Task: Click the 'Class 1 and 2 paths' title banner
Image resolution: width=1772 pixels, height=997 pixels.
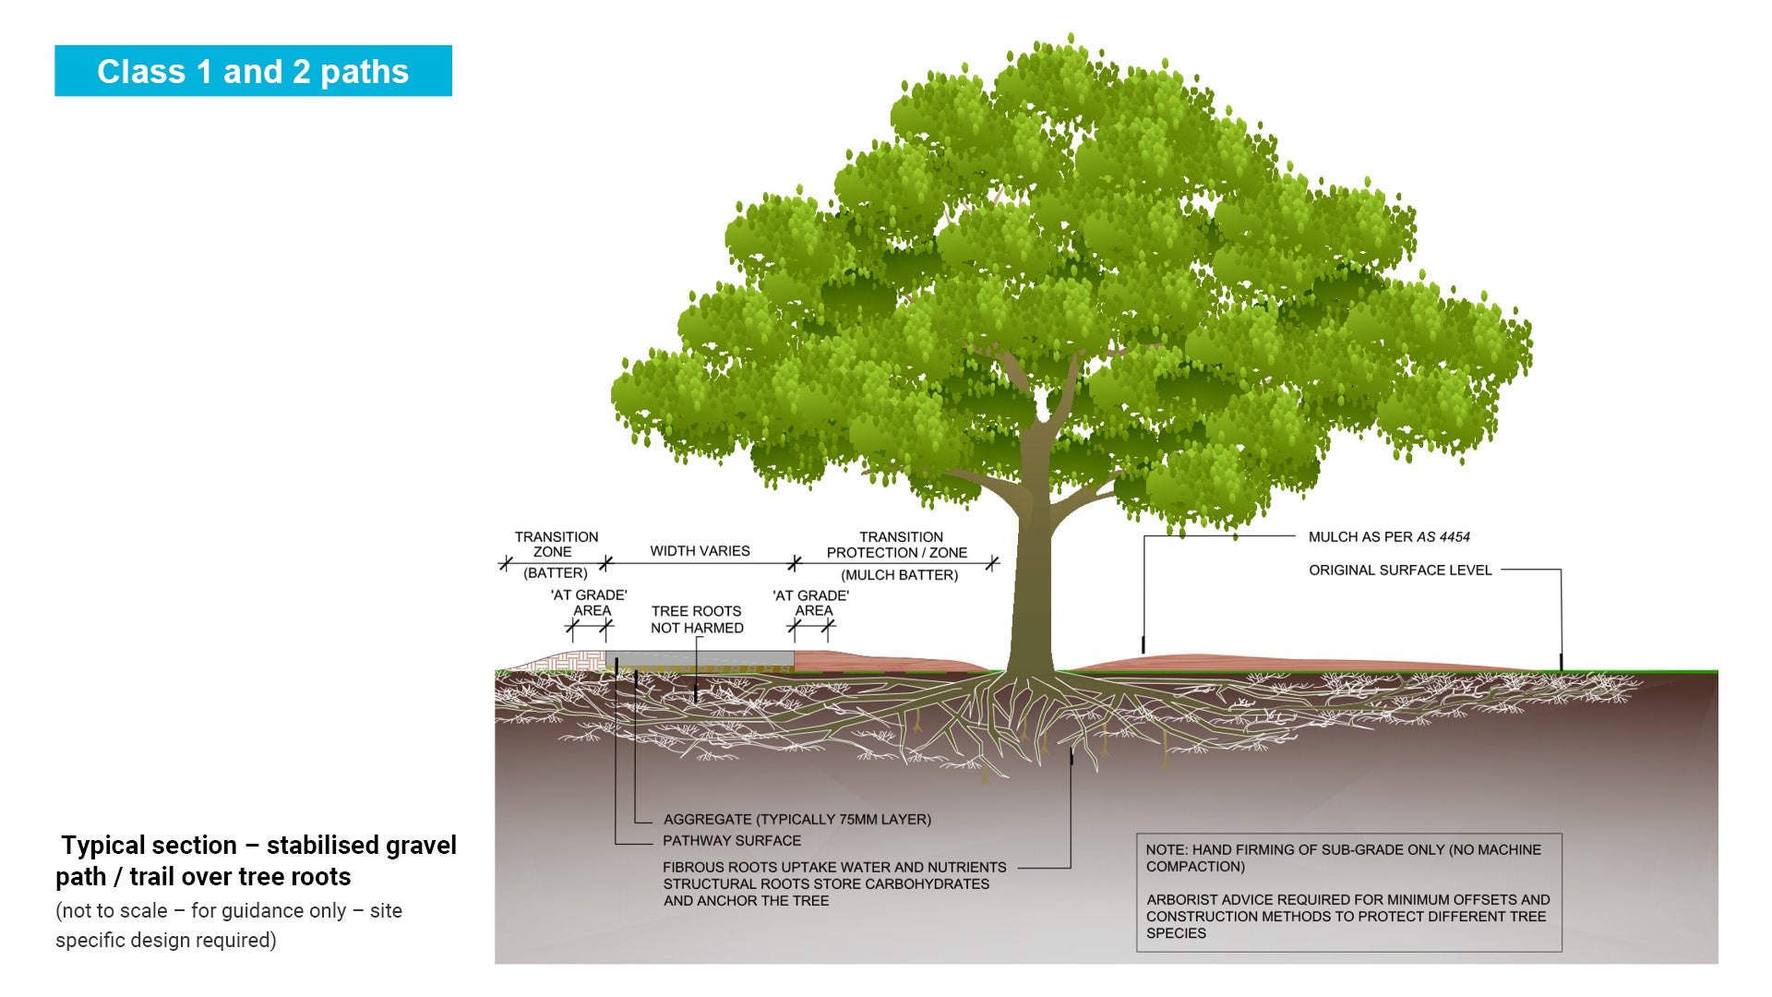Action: click(x=253, y=71)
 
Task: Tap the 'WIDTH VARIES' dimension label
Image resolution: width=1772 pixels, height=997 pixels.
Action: click(x=700, y=551)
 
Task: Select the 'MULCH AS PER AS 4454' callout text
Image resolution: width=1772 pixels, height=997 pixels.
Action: click(x=1388, y=537)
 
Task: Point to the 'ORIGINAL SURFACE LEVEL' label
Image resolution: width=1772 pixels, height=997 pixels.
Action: click(x=1399, y=571)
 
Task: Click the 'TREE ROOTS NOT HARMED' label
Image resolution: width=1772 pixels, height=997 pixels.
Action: click(x=697, y=619)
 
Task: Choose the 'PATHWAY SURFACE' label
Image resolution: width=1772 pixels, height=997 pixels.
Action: click(x=732, y=841)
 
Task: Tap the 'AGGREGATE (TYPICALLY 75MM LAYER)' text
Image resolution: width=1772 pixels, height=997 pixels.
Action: click(x=796, y=820)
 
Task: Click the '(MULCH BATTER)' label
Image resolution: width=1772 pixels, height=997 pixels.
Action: click(x=899, y=575)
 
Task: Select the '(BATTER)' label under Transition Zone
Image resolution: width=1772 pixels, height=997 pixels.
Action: click(x=555, y=573)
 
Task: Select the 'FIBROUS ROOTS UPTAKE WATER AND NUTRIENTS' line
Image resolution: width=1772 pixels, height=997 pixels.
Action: click(x=834, y=868)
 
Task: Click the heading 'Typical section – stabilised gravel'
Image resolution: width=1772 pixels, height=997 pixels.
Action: click(x=258, y=846)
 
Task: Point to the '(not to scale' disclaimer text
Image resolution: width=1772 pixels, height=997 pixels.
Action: click(x=112, y=911)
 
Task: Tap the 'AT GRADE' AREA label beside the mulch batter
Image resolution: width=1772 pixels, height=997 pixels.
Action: click(x=811, y=603)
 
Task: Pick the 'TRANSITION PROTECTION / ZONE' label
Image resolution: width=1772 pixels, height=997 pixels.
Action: click(x=898, y=545)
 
